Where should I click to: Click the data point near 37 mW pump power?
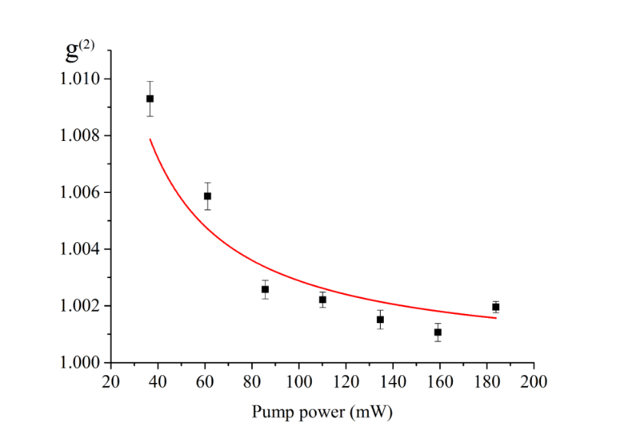(150, 99)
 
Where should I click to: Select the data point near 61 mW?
(208, 196)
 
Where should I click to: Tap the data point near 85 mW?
(265, 289)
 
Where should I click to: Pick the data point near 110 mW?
(323, 299)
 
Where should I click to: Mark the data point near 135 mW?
(380, 319)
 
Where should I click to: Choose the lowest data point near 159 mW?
(438, 332)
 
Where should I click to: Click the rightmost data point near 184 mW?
(496, 307)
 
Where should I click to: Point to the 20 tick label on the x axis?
(111, 381)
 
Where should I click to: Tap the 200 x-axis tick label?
(534, 381)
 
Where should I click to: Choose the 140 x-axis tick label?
(393, 381)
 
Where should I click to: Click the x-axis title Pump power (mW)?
(323, 412)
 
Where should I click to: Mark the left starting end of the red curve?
(150, 139)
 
